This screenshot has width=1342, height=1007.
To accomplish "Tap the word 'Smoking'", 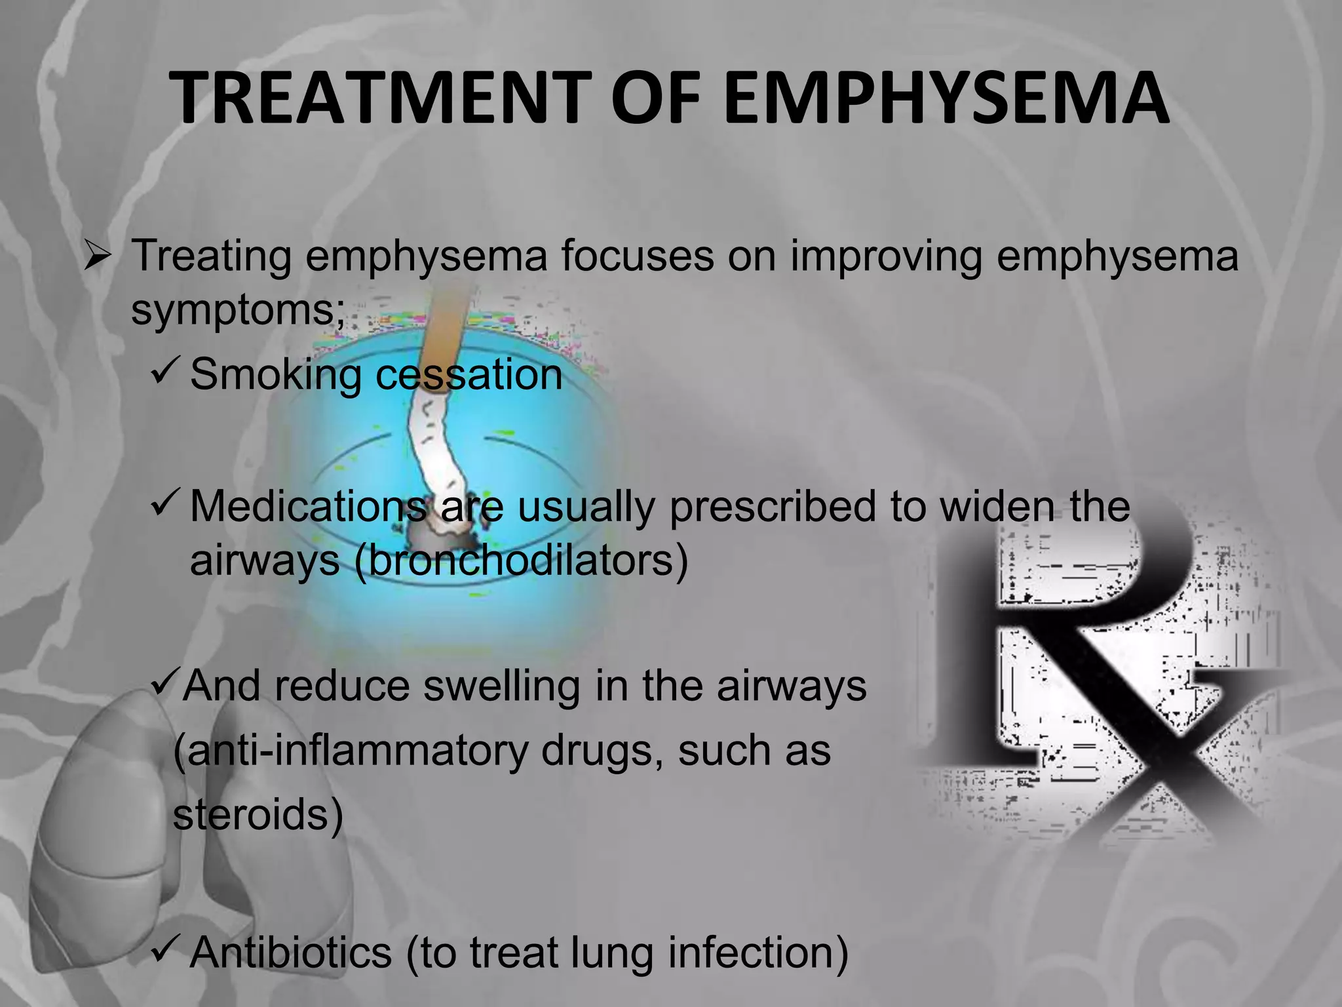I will point(275,375).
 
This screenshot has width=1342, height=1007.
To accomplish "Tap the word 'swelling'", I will point(501,687).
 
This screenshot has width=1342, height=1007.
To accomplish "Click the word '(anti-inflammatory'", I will point(351,751).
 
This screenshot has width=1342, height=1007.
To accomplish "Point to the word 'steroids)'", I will point(258,816).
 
